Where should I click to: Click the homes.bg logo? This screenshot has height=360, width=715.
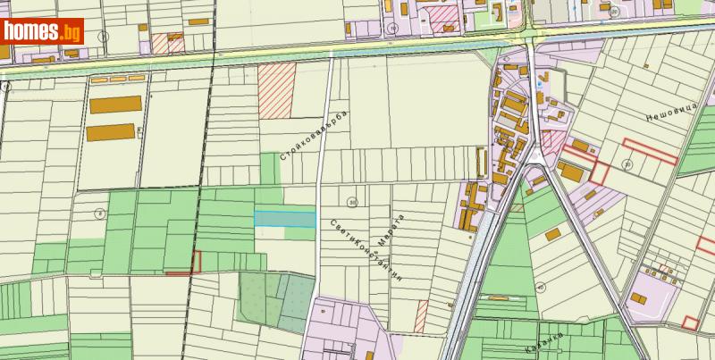click(42, 31)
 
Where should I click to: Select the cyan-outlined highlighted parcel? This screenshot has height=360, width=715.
click(285, 219)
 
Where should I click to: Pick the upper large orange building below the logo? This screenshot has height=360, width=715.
click(115, 104)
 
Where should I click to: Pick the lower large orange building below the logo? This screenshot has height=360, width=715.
click(110, 133)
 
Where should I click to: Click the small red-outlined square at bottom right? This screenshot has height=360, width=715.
click(689, 323)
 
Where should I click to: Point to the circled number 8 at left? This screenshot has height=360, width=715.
click(100, 213)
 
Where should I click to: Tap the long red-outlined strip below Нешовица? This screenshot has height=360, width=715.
click(650, 148)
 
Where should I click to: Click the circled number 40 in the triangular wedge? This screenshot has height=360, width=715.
click(541, 287)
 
